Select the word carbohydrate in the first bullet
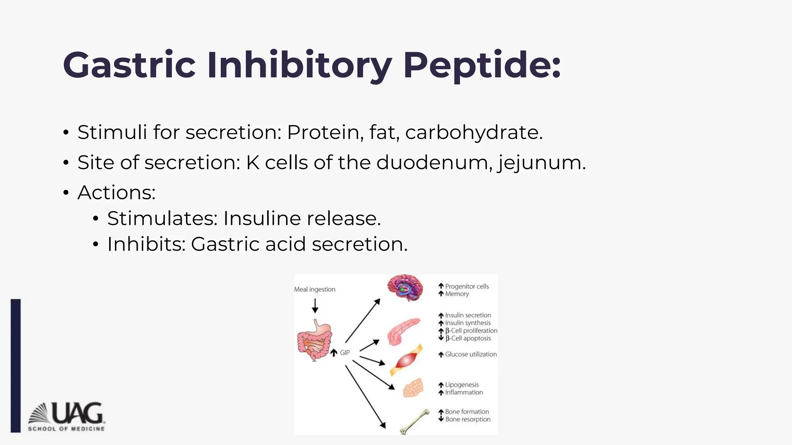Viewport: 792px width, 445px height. [x=474, y=132]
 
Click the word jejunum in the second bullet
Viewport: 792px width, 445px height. [x=541, y=163]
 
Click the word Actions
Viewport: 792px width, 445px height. [x=116, y=192]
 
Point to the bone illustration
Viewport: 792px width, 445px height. [x=415, y=421]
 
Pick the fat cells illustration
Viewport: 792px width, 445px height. [x=413, y=387]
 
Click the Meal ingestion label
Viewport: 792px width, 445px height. [x=314, y=289]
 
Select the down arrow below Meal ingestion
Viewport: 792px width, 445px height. [x=315, y=306]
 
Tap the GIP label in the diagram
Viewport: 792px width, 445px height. [x=345, y=353]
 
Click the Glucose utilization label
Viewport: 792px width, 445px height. [x=470, y=354]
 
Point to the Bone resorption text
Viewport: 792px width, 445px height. [x=468, y=420]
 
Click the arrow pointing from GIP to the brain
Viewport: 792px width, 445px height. [x=362, y=321]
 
